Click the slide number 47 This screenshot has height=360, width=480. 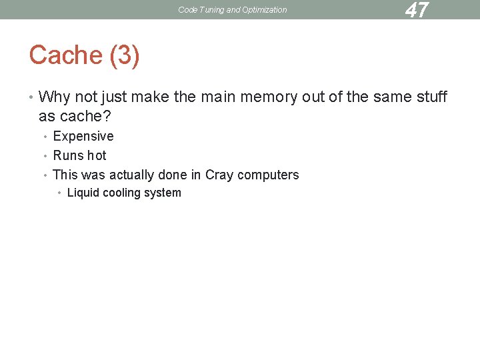pos(417,10)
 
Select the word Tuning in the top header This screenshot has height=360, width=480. pos(211,10)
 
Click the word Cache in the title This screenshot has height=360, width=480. pos(65,55)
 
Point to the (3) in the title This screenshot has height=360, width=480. pos(123,55)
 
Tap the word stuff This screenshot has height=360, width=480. pos(430,97)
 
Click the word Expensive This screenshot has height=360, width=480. pos(83,137)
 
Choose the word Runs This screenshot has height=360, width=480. pos(67,156)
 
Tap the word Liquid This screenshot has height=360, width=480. pos(83,193)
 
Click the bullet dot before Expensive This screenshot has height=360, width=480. pos(45,137)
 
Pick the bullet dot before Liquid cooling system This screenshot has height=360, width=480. pos(59,193)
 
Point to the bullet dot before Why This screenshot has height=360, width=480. pos(31,98)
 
